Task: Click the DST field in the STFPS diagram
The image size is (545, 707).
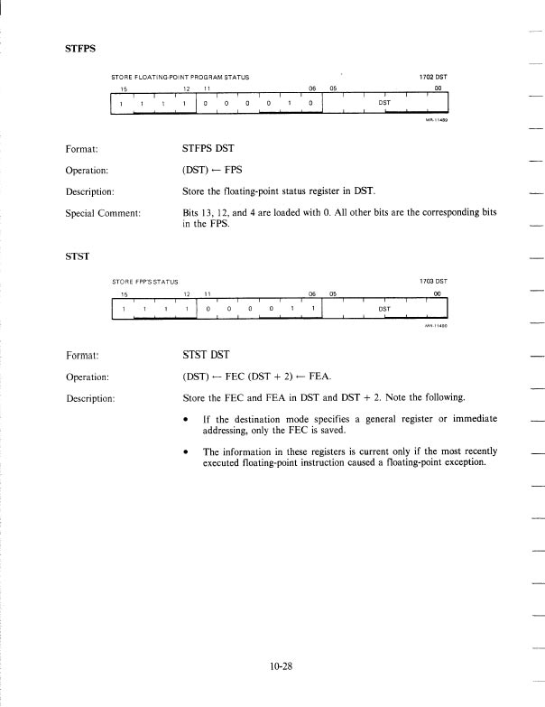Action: (x=383, y=103)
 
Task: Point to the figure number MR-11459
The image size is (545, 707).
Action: (x=437, y=123)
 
